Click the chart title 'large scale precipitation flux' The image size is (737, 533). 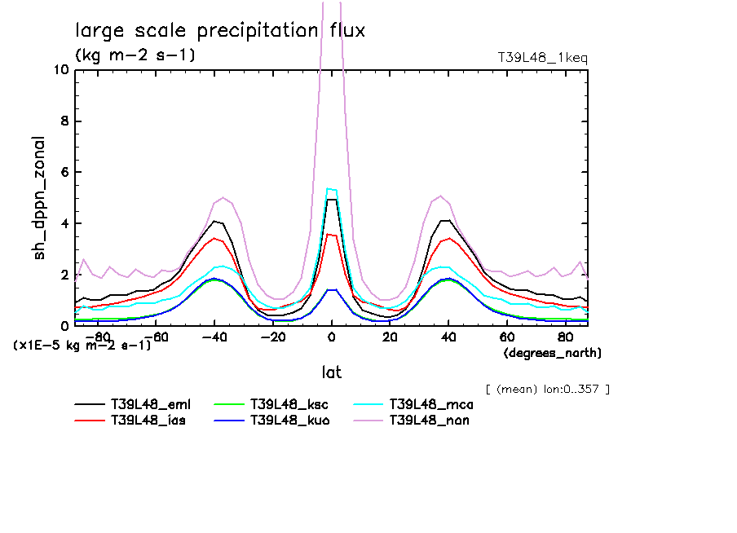click(x=220, y=31)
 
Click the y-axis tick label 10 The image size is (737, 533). click(x=60, y=70)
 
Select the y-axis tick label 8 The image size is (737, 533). click(x=64, y=121)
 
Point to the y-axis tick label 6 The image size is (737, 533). click(x=64, y=173)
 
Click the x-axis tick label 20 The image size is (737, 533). click(x=390, y=337)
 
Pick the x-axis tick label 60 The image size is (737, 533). click(x=506, y=337)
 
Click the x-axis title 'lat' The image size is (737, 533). click(x=331, y=372)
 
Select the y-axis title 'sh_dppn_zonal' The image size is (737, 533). click(x=40, y=198)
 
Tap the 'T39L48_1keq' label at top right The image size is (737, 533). click(x=542, y=58)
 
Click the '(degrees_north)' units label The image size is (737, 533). click(x=552, y=353)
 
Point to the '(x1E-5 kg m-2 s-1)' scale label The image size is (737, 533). click(x=82, y=345)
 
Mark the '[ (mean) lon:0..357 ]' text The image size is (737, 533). click(x=546, y=389)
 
